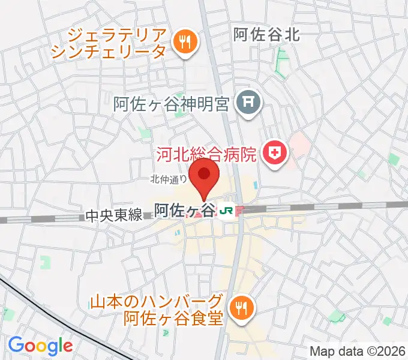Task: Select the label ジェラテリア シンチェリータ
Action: click(108, 41)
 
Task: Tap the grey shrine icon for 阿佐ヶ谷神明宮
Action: click(247, 104)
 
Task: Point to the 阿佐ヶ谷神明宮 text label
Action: click(172, 104)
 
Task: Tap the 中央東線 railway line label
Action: click(113, 214)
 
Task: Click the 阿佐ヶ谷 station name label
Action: click(184, 210)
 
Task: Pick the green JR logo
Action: click(226, 211)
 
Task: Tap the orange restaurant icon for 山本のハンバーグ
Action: click(242, 308)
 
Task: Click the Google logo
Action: click(40, 346)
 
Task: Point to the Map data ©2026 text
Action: click(358, 351)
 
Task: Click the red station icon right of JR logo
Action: click(239, 211)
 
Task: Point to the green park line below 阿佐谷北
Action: click(279, 63)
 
